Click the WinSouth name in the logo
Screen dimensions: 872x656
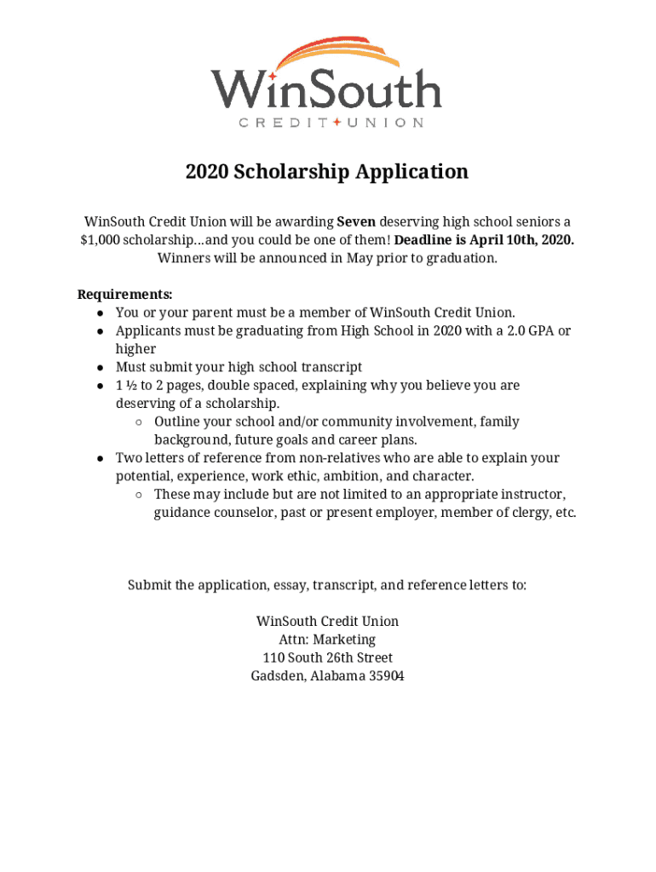point(326,88)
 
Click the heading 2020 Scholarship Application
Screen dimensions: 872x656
point(327,172)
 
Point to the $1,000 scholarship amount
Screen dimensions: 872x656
point(100,239)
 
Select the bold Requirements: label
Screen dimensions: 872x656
point(125,295)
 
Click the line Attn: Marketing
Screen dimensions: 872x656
point(327,640)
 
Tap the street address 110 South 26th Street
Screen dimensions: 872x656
point(327,657)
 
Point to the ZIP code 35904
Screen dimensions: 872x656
point(382,676)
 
